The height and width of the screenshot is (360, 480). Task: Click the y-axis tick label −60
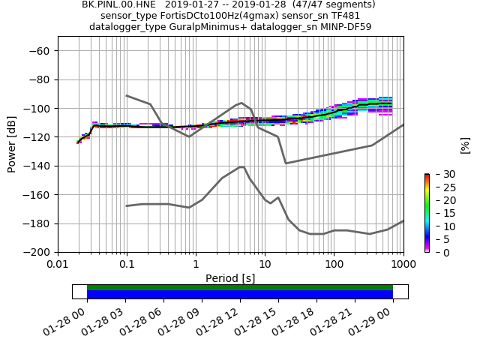point(40,50)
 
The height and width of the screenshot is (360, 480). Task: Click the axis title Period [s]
point(230,278)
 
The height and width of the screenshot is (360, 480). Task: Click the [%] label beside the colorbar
point(465,145)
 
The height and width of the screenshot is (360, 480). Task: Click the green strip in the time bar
point(240,287)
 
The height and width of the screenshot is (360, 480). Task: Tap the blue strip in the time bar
point(240,295)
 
